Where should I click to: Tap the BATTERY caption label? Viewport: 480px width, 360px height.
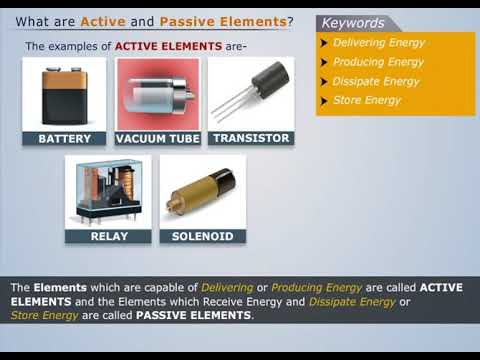click(64, 139)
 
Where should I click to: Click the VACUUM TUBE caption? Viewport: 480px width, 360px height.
click(157, 139)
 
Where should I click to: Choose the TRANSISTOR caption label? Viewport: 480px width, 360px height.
click(251, 138)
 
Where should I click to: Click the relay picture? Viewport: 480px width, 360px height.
click(109, 192)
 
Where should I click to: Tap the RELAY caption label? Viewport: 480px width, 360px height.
click(109, 237)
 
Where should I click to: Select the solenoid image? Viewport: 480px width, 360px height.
click(202, 192)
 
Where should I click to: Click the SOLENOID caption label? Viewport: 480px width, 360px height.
click(202, 237)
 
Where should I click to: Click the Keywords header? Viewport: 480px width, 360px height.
click(352, 22)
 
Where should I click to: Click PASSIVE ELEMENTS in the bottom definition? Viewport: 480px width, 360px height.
click(194, 315)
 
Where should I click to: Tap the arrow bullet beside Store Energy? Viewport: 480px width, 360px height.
click(324, 101)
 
